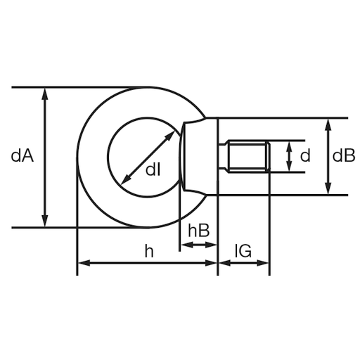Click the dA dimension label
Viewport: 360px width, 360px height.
point(22,156)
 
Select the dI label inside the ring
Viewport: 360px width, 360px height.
point(153,169)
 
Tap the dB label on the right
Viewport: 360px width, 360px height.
point(344,155)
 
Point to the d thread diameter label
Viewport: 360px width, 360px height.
point(305,155)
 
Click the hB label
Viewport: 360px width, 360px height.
point(199,231)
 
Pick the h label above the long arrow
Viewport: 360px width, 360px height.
point(149,251)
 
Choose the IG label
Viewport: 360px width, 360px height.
point(243,251)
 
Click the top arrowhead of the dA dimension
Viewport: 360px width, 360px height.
point(45,94)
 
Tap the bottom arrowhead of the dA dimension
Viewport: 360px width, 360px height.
point(45,221)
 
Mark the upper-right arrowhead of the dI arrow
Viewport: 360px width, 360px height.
point(170,136)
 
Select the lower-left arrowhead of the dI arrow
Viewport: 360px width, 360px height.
point(126,179)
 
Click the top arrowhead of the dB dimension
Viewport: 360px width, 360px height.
point(328,124)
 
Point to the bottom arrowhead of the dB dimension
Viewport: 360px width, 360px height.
point(328,188)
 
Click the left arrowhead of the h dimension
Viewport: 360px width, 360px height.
point(84,263)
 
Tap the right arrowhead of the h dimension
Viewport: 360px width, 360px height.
point(211,263)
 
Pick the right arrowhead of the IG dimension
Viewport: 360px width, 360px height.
point(262,263)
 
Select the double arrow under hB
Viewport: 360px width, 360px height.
point(199,245)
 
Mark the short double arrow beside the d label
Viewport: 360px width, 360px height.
point(290,157)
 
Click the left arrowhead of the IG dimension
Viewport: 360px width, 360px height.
point(225,263)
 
